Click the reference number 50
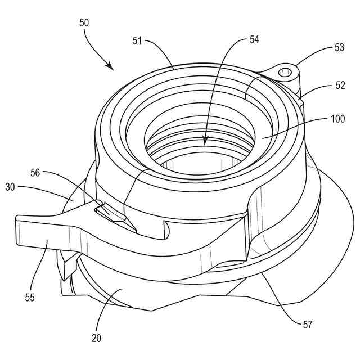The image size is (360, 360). tap(84, 23)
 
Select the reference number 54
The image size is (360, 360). tap(255, 40)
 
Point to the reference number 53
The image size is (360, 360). tap(339, 48)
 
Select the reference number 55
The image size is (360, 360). tap(30, 296)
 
